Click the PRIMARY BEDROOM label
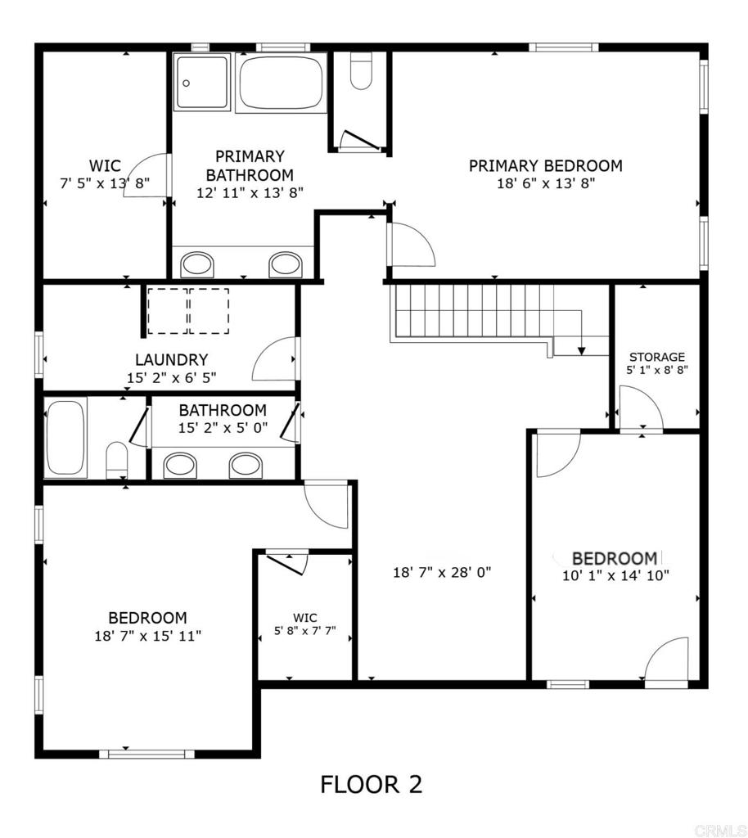(545, 166)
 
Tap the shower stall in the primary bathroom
(201, 83)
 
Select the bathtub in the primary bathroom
(280, 82)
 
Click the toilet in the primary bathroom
(361, 72)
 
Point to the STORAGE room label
(657, 357)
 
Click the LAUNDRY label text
(171, 360)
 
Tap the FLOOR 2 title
(371, 785)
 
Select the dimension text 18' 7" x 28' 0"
(442, 573)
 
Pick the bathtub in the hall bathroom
(65, 437)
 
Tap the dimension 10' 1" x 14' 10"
(615, 575)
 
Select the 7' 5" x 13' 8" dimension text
(105, 183)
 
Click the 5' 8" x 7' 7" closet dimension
(305, 632)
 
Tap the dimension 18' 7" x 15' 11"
(147, 636)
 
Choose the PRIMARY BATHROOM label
(250, 165)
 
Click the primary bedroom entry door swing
(412, 245)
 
